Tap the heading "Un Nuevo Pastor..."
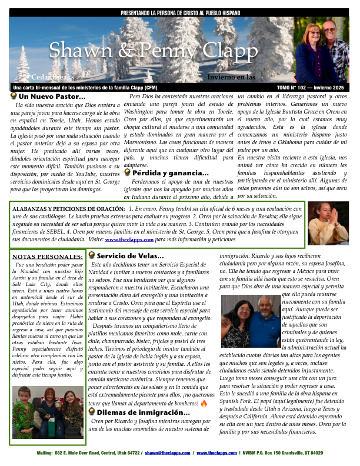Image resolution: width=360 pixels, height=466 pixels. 52,96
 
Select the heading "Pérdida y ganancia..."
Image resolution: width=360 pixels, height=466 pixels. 170,173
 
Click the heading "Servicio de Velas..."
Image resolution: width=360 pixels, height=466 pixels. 130,256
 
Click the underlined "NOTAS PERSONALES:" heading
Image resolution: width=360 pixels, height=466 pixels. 48,257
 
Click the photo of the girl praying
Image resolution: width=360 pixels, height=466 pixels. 327,223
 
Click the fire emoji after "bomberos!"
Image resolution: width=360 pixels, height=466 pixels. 204,404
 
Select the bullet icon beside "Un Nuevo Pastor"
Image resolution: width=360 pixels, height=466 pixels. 14,95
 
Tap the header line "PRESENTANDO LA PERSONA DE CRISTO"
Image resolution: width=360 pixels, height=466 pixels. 180,12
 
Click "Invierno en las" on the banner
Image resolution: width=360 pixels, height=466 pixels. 231,76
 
